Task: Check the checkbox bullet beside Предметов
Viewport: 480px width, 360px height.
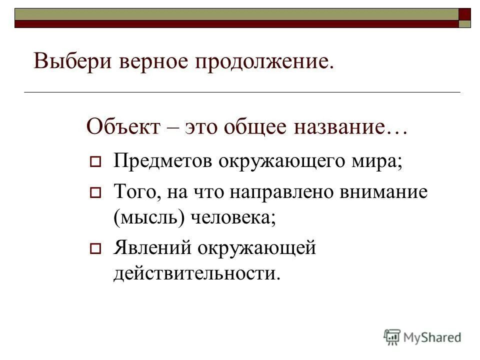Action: click(x=95, y=163)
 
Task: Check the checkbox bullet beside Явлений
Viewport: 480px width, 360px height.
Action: click(x=95, y=247)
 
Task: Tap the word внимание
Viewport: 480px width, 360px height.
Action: click(x=385, y=191)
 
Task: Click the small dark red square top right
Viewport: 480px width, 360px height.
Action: click(x=464, y=13)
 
